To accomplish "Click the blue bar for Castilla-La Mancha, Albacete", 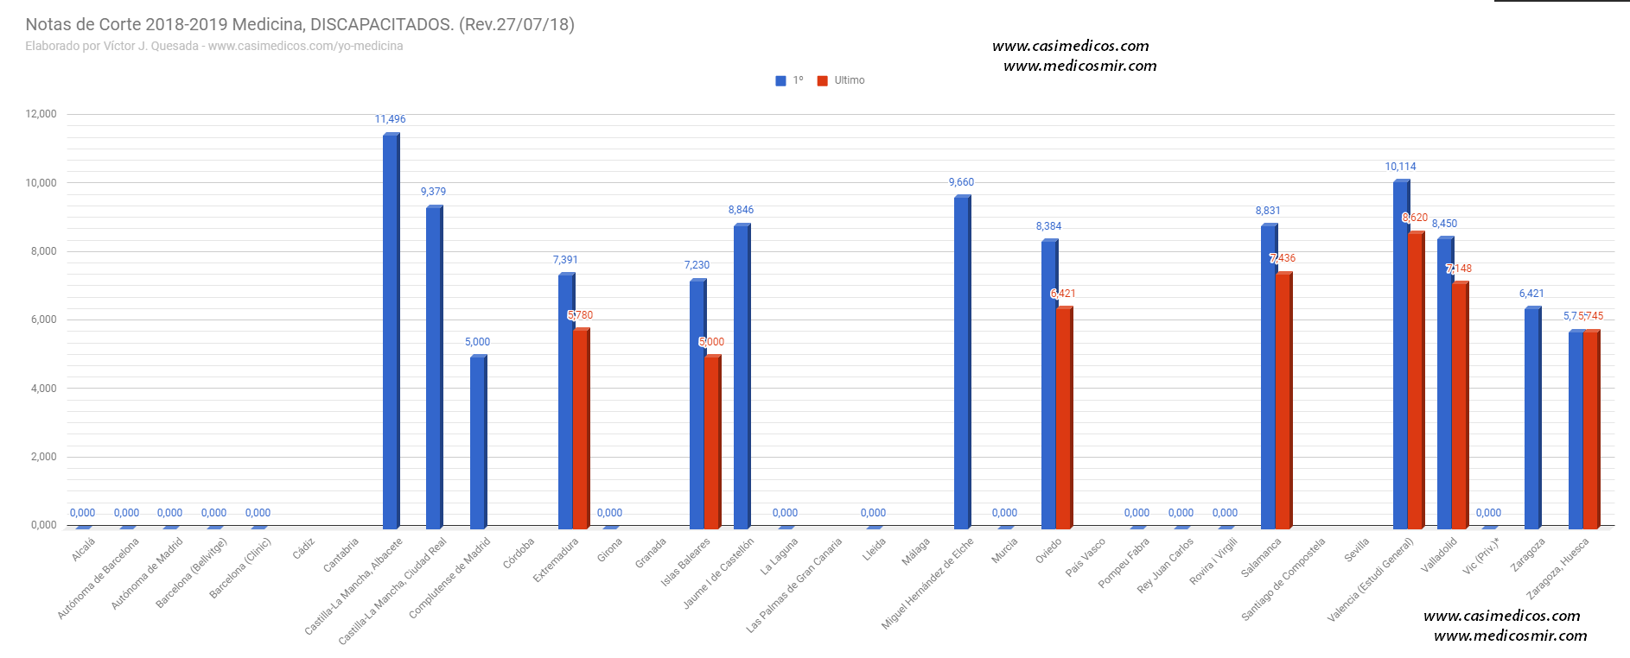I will [391, 332].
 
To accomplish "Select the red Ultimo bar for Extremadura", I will [581, 429].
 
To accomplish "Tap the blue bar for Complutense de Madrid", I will [478, 442].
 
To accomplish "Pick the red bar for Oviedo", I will [1064, 419].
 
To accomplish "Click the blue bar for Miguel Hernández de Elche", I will [962, 363].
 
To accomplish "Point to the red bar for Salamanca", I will [1283, 402].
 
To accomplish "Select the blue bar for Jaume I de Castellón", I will [742, 377].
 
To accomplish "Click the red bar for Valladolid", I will [1460, 406].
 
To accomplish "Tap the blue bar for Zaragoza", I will [1532, 419].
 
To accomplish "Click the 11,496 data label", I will [390, 119].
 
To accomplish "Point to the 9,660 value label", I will [961, 182].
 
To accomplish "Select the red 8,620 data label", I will [1415, 218].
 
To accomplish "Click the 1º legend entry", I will [790, 80].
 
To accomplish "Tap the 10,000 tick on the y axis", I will [41, 183].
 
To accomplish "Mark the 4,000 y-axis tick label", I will [43, 389].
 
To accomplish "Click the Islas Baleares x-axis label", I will [686, 561].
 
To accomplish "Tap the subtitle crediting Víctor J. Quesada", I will [214, 47].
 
